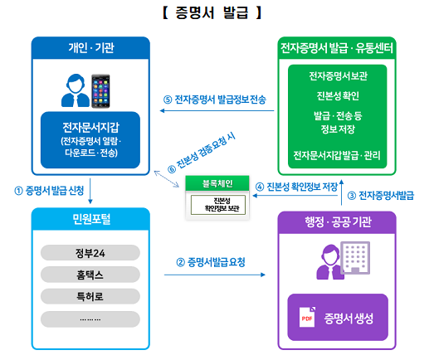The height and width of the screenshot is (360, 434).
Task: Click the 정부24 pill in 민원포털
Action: coord(90,253)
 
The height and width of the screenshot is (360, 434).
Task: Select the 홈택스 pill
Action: coord(90,275)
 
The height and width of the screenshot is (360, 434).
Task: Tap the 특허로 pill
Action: coord(90,296)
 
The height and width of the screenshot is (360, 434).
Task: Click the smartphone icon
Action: coord(100,90)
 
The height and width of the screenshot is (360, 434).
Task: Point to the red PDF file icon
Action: coord(307,317)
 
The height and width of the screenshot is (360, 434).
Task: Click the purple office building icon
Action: coord(355,258)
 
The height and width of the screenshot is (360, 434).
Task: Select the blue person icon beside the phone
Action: coord(75,90)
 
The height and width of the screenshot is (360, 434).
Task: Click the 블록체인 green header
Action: coord(217,183)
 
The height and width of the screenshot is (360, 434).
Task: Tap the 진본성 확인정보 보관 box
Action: coord(218,205)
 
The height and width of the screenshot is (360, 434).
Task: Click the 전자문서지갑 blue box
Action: coord(90,140)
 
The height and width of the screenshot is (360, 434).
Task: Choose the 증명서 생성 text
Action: coord(349,319)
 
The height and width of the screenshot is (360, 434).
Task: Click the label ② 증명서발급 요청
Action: coord(211,262)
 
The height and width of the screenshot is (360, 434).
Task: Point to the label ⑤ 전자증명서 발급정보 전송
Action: coord(215,100)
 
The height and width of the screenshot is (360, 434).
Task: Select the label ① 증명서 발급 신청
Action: coord(49,191)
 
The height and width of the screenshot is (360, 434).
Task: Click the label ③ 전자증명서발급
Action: coord(381,196)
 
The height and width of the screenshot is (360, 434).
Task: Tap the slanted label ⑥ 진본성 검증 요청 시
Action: coord(202,153)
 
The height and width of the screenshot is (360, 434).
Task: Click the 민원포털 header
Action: coord(91,219)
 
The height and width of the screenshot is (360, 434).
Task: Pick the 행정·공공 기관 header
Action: coord(338,222)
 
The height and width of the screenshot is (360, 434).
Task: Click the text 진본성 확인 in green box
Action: coord(338,95)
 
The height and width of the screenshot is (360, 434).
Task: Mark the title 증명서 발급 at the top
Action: coord(212,12)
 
